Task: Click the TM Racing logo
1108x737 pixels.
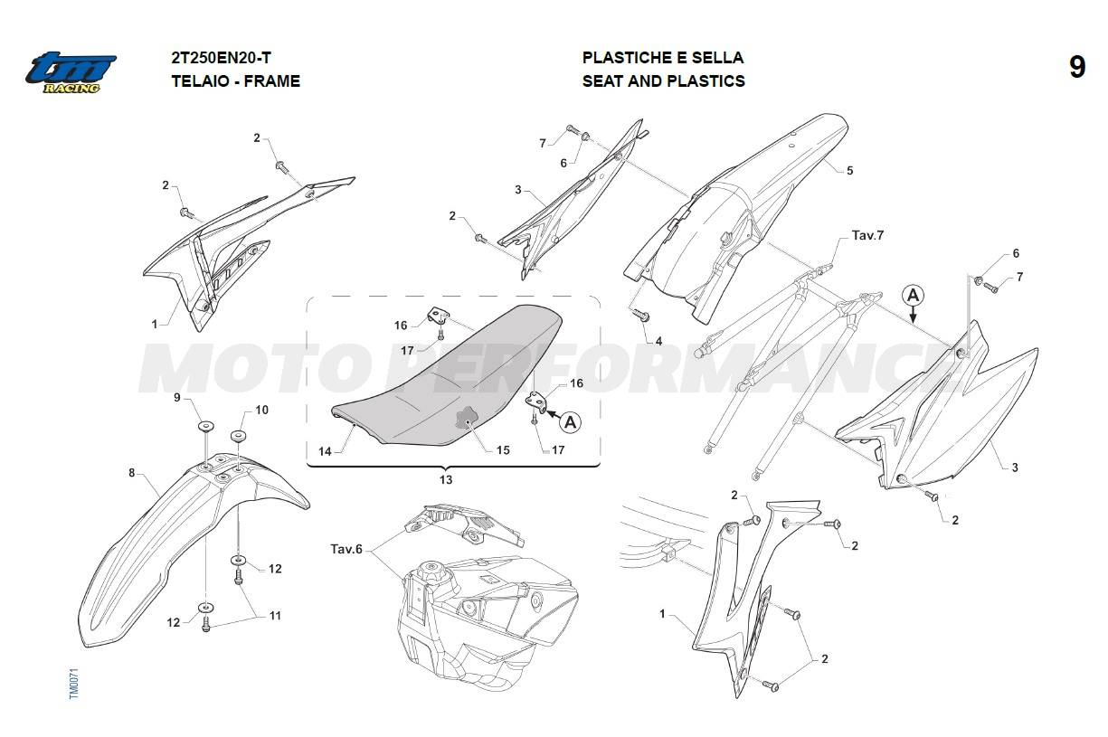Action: click(x=71, y=72)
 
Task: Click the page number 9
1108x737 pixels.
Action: click(x=1077, y=67)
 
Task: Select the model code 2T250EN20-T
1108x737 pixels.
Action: click(x=221, y=58)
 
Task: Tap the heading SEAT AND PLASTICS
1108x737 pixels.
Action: click(x=663, y=81)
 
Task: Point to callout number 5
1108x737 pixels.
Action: click(x=850, y=170)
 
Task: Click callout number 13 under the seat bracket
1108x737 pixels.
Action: click(x=446, y=479)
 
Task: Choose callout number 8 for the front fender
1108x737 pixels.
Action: click(x=131, y=473)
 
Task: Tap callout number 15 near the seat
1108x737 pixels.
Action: click(x=503, y=450)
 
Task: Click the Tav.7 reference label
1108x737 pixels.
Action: click(x=867, y=235)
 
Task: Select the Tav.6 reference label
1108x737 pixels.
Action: click(x=346, y=549)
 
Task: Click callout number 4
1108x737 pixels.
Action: click(x=658, y=341)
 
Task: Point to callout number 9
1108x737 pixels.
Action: click(x=177, y=398)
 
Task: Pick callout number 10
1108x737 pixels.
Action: click(x=261, y=410)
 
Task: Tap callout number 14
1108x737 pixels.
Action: click(x=325, y=451)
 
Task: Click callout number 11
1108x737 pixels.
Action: click(x=275, y=616)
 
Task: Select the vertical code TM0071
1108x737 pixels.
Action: click(x=74, y=684)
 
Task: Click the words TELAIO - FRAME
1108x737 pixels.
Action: click(x=236, y=81)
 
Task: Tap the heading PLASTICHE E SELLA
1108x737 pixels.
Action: click(x=663, y=58)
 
